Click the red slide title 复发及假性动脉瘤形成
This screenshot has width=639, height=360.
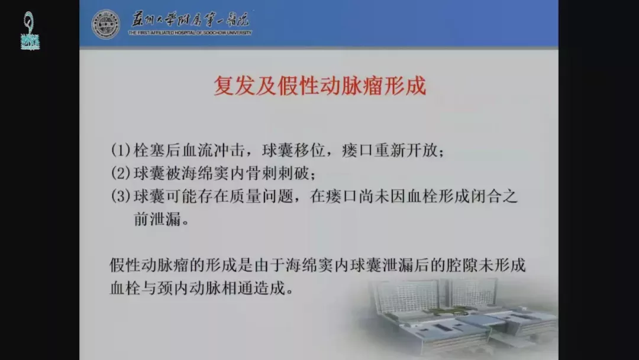[x=320, y=86]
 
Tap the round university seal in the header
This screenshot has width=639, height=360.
[x=106, y=24]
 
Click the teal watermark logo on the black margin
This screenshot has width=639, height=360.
[x=30, y=31]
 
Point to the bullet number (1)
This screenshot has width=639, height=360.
[x=121, y=150]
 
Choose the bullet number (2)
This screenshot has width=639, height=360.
[x=121, y=173]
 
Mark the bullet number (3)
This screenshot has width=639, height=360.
[x=121, y=196]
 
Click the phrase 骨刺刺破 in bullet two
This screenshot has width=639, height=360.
[x=278, y=173]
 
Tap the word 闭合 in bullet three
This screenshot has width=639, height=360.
[x=486, y=196]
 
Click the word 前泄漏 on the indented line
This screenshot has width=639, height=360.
[x=157, y=219]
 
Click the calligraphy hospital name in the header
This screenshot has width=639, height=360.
[x=191, y=20]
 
